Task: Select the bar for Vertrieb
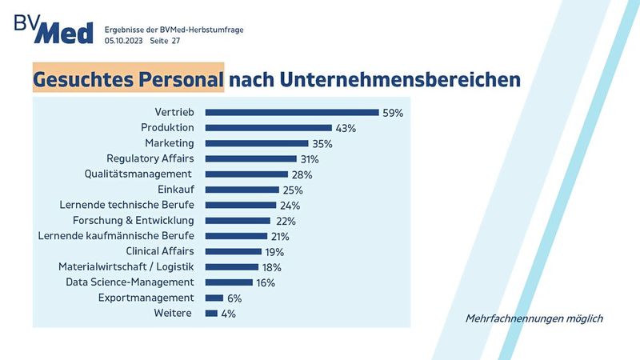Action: coord(291,112)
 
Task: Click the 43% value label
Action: coord(346,128)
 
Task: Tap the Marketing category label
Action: coord(170,143)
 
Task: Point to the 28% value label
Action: coord(302,174)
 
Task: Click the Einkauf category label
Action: coord(176,190)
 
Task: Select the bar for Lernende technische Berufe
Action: coord(240,205)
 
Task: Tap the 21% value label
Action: coord(279,236)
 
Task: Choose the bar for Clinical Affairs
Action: coord(233,251)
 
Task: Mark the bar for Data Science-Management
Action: coord(229,282)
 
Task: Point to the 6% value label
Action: coord(234,298)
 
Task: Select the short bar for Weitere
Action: coord(211,313)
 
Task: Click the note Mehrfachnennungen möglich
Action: coord(534,318)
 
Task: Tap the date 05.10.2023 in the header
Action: coord(123,40)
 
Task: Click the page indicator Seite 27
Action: coord(166,40)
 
